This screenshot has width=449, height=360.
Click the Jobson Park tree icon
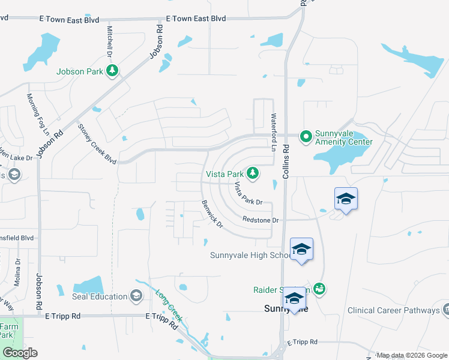[112, 71]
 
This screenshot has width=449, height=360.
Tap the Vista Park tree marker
[253, 173]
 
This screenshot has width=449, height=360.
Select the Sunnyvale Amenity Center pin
[306, 137]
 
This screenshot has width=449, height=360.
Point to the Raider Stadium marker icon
[319, 289]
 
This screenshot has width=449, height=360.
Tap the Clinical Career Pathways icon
[446, 310]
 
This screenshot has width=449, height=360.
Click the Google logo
[20, 353]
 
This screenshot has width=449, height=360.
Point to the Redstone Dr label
[261, 220]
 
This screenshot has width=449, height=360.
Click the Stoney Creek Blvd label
[97, 143]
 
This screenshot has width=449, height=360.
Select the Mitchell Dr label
[110, 41]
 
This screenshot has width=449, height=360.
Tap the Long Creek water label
[168, 304]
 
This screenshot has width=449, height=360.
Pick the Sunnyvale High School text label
[251, 255]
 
